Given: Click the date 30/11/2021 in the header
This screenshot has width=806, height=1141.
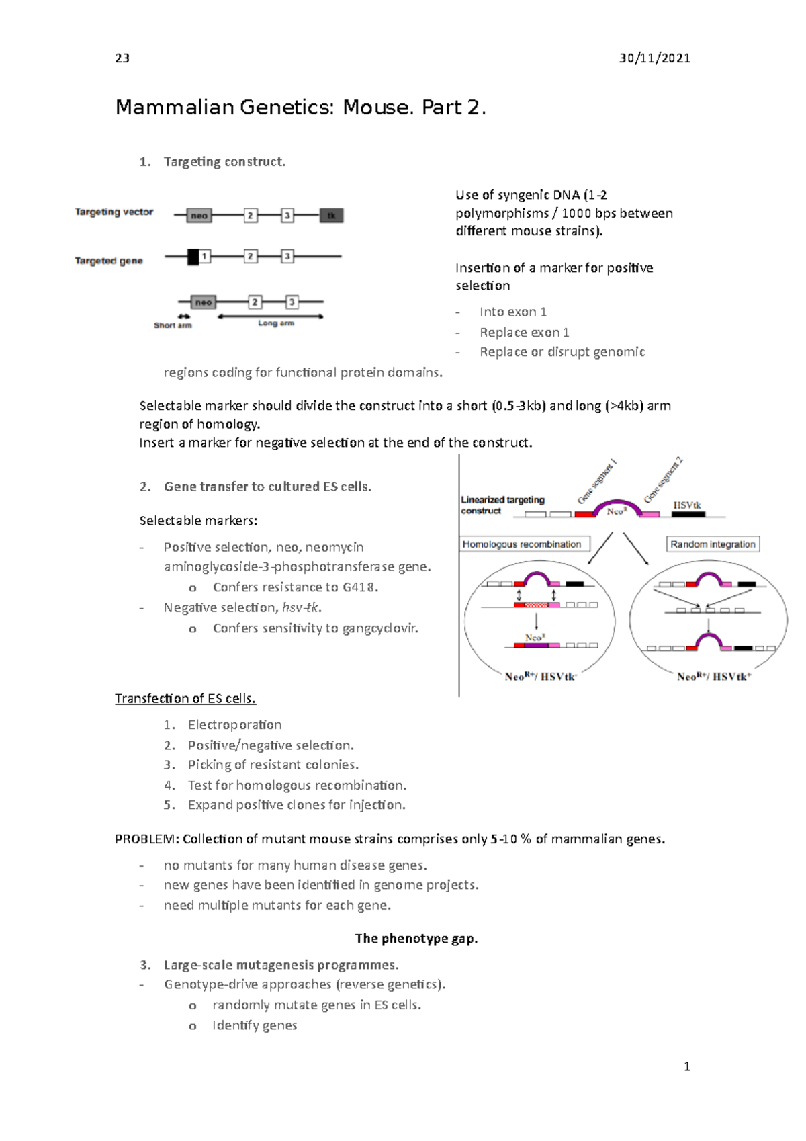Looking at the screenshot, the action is click(x=654, y=58).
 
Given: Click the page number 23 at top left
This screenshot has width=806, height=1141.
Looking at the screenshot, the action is click(x=122, y=58).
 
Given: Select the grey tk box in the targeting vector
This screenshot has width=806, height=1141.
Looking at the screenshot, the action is click(x=331, y=216).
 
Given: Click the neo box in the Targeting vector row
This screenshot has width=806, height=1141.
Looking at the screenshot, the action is click(x=199, y=216).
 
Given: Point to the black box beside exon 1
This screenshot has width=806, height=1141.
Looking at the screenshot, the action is click(x=193, y=257).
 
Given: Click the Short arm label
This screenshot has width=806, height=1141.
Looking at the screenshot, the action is click(x=173, y=325).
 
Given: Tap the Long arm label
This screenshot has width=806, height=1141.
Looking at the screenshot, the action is click(x=275, y=323).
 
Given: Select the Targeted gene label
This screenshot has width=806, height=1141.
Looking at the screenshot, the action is click(x=109, y=261).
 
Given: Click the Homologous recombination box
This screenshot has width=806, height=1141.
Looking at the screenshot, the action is click(x=522, y=544).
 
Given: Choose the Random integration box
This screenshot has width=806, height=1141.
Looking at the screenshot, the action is click(x=713, y=544).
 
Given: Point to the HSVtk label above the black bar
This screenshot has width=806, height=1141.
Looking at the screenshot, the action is click(x=687, y=505).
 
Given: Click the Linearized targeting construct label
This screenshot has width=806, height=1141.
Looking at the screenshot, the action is click(x=502, y=505).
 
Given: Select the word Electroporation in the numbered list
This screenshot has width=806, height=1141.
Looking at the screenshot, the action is click(x=234, y=725).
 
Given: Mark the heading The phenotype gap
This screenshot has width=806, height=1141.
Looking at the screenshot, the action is click(x=416, y=939).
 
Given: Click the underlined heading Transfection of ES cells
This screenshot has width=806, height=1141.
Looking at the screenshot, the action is click(x=185, y=699).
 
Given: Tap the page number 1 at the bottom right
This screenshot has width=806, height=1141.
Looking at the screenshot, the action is click(x=686, y=1066).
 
